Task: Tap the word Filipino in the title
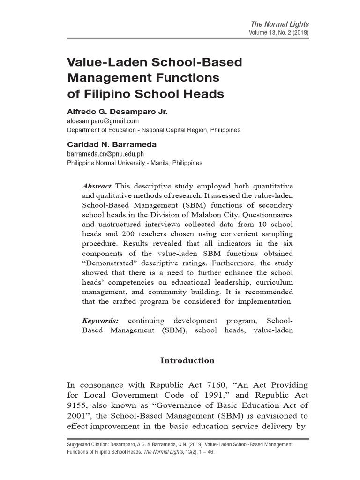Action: click(105, 93)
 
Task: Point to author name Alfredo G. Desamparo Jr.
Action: click(117, 112)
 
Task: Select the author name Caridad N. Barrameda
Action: click(111, 145)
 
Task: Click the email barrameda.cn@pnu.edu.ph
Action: click(105, 154)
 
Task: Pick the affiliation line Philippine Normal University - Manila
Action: click(135, 163)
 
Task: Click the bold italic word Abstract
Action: click(97, 186)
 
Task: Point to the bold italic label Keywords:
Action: click(100, 321)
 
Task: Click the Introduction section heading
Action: click(187, 360)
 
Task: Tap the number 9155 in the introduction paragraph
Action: click(79, 405)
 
